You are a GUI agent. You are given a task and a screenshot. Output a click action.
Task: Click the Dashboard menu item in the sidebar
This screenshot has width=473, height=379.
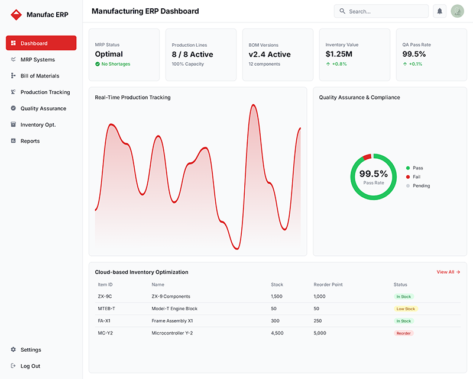coord(41,43)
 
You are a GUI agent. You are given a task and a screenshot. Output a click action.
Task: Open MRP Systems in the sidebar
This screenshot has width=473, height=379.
coord(37,60)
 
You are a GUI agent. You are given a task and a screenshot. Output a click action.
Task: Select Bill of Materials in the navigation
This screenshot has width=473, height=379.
coord(40,76)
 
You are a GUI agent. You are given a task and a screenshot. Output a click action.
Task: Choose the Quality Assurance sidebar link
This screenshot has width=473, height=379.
coord(43,108)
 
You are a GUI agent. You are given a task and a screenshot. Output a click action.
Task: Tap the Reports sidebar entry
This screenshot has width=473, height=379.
coord(30,141)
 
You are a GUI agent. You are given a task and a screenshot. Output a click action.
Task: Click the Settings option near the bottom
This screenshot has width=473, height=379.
coord(31,350)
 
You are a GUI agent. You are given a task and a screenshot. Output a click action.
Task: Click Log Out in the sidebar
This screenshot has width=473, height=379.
coord(30,366)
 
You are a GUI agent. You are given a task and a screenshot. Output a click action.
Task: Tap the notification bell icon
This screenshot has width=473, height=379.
coord(439,11)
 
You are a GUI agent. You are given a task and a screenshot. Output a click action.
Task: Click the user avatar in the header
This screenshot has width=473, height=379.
coord(457,11)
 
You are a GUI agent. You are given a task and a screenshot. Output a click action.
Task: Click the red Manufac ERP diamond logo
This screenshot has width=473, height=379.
coord(16,15)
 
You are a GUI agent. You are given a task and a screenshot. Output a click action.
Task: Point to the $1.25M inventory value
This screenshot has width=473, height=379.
coord(339,54)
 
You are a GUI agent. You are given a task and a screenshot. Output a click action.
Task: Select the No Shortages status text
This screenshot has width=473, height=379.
coord(115,64)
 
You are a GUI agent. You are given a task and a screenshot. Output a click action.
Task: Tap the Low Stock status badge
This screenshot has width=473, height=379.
coord(406,309)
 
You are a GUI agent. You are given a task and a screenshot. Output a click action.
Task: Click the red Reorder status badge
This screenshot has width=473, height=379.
coord(404,333)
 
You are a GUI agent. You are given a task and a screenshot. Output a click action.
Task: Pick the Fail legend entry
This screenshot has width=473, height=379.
coord(416,177)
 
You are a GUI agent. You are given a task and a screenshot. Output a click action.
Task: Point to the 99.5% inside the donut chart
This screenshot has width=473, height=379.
coord(374,174)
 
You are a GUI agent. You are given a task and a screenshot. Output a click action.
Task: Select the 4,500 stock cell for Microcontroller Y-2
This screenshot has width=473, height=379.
coord(277,333)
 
